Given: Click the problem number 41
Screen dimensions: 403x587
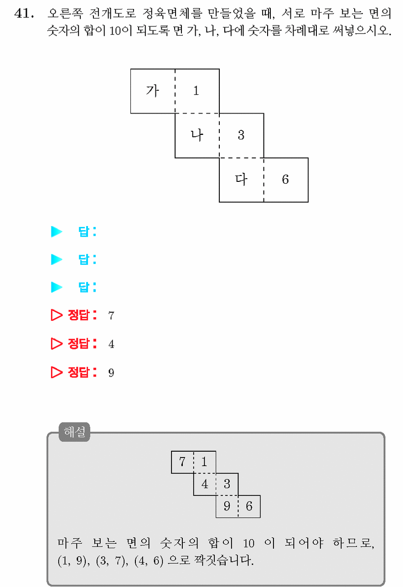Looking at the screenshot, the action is pyautogui.click(x=24, y=13).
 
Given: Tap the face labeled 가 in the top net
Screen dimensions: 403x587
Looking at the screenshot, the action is pyautogui.click(x=153, y=91).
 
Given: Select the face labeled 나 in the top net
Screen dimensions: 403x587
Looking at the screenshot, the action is pyautogui.click(x=197, y=135).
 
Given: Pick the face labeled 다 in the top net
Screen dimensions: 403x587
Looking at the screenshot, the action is pyautogui.click(x=242, y=180).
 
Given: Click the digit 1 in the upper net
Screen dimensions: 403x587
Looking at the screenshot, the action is pyautogui.click(x=196, y=91).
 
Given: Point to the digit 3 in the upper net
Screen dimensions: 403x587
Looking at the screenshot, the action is pyautogui.click(x=241, y=135).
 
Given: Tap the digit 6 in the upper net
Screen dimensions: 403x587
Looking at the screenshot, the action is pyautogui.click(x=285, y=180).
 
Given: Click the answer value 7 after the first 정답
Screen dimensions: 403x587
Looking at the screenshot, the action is pyautogui.click(x=111, y=315).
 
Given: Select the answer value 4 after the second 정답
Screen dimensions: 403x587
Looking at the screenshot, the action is pyautogui.click(x=111, y=344).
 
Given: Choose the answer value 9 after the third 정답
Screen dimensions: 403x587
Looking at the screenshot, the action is pyautogui.click(x=111, y=372).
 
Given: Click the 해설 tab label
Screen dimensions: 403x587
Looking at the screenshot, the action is pyautogui.click(x=74, y=432).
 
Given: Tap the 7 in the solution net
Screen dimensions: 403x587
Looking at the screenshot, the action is pyautogui.click(x=182, y=462).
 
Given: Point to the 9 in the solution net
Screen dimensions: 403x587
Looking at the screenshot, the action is pyautogui.click(x=227, y=506).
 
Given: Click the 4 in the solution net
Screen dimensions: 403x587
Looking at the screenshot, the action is pyautogui.click(x=205, y=484).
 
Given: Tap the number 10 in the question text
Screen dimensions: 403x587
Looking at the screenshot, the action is pyautogui.click(x=115, y=31).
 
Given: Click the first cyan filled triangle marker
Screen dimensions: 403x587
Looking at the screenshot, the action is pyautogui.click(x=57, y=232).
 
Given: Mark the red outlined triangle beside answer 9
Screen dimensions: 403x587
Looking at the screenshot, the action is pyautogui.click(x=57, y=372).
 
